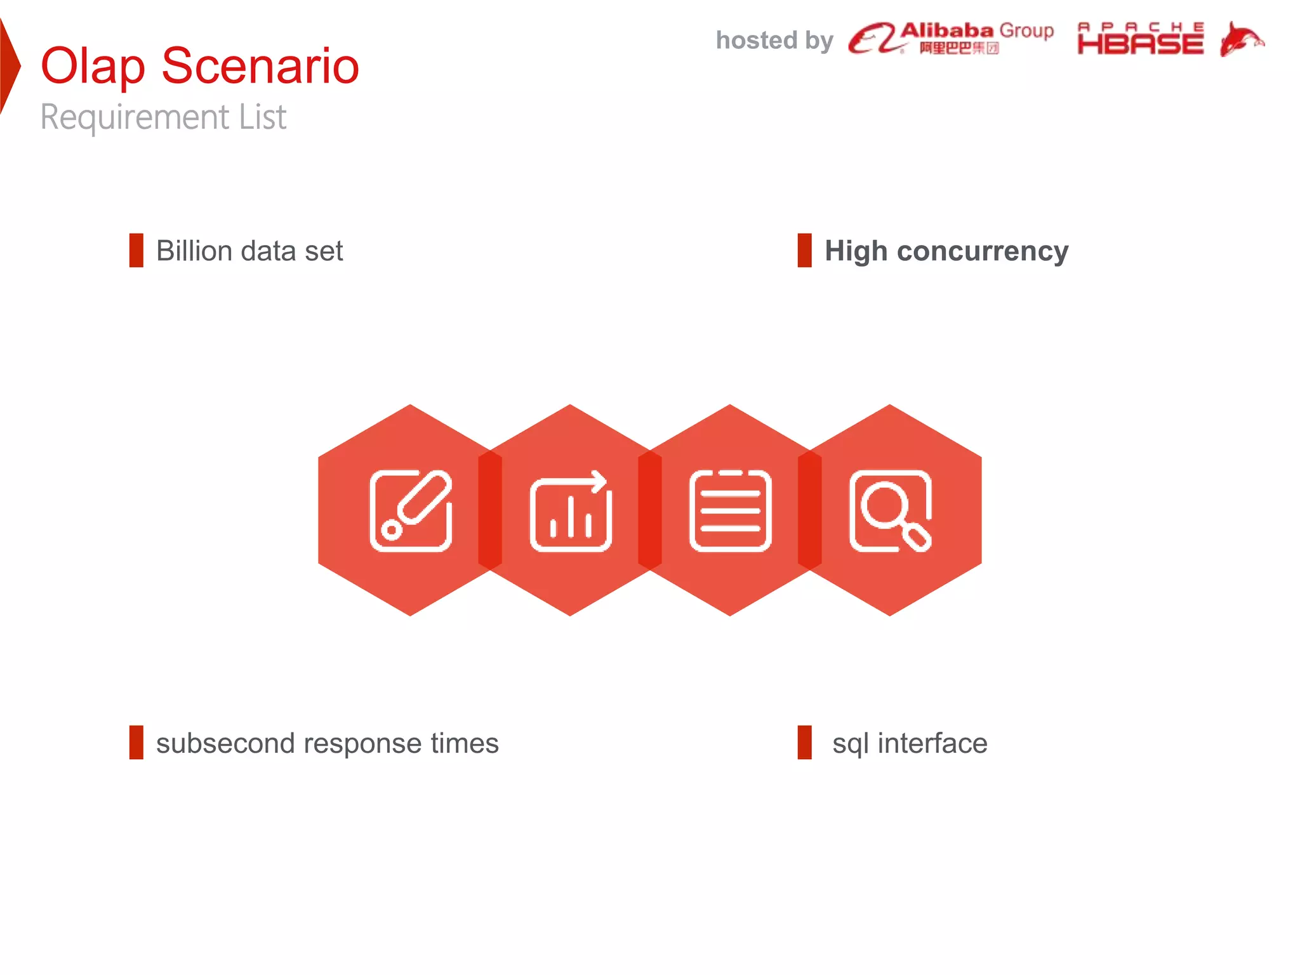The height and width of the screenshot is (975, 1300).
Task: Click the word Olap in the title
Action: (93, 66)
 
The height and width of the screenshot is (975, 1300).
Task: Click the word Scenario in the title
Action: (260, 66)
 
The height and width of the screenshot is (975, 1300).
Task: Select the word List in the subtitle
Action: (262, 117)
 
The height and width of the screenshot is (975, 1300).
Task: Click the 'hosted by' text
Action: (774, 41)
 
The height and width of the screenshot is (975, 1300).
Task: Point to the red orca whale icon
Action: (1240, 39)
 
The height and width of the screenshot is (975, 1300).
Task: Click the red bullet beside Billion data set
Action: (136, 251)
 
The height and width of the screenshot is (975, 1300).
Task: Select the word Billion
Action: (194, 251)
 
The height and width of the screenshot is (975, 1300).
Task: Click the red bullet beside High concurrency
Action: (804, 251)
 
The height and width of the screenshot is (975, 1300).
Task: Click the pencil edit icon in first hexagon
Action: (411, 511)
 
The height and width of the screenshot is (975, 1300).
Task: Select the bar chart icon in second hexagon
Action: (571, 511)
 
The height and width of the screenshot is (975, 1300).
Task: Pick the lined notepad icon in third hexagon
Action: (730, 511)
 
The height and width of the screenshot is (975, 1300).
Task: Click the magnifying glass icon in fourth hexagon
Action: (890, 511)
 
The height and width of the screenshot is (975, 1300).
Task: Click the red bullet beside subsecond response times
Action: (136, 743)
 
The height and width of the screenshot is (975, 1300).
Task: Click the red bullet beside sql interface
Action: (804, 743)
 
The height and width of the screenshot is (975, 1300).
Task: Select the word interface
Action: (932, 743)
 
